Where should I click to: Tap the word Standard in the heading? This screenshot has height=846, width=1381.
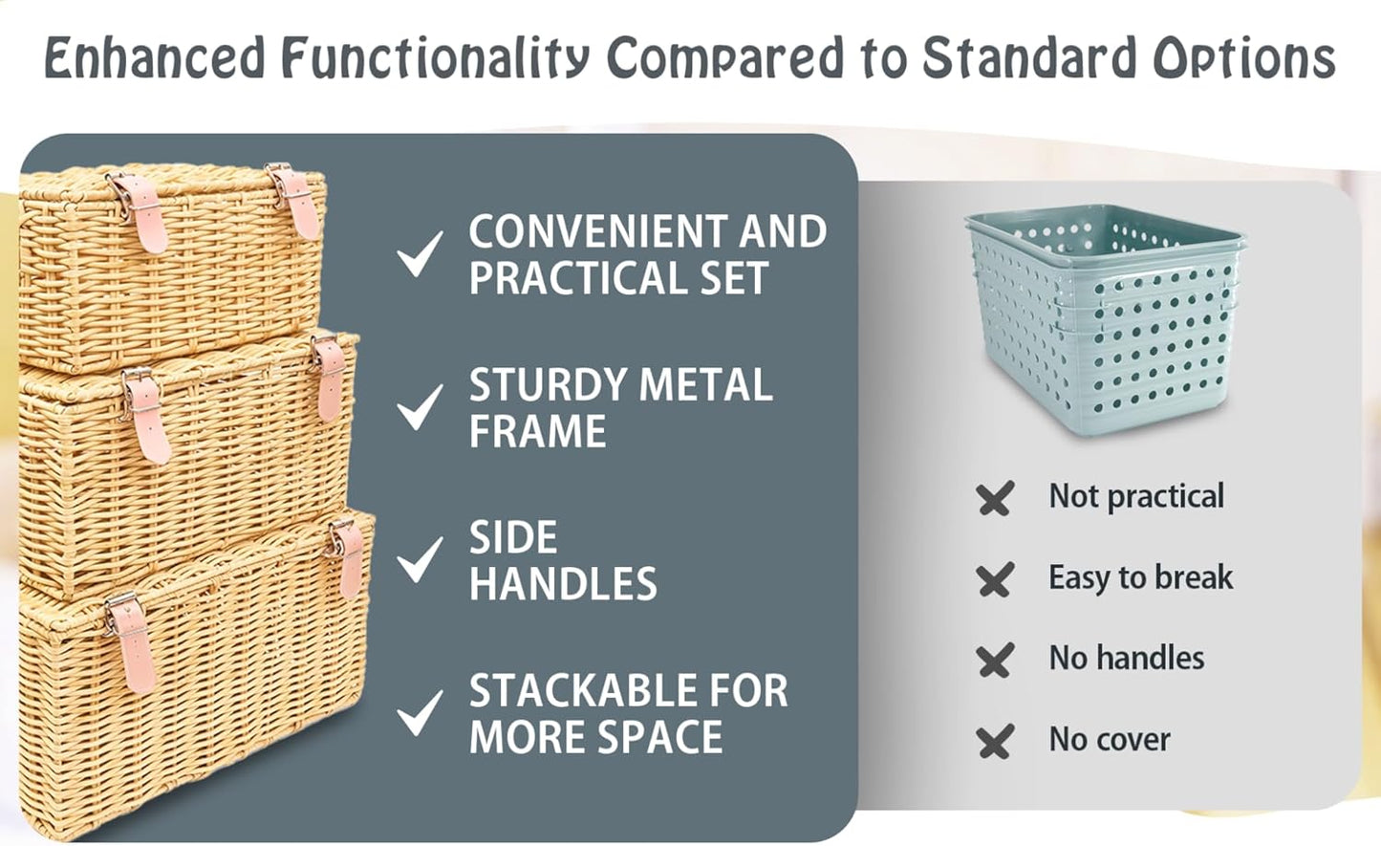[x=1028, y=59]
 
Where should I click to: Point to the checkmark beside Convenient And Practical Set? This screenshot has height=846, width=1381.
[x=420, y=253]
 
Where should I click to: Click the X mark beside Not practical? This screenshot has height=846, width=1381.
[x=995, y=499]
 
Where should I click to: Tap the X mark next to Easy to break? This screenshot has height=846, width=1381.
[x=995, y=580]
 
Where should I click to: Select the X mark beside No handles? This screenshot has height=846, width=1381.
[x=995, y=661]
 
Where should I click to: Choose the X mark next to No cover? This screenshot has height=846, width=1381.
[x=995, y=742]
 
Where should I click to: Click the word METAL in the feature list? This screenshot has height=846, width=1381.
[x=705, y=385]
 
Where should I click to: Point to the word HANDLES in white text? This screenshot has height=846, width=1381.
[x=563, y=584]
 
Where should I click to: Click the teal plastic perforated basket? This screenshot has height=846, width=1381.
[x=1105, y=320]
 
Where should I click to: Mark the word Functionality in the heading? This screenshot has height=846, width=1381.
[x=436, y=59]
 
